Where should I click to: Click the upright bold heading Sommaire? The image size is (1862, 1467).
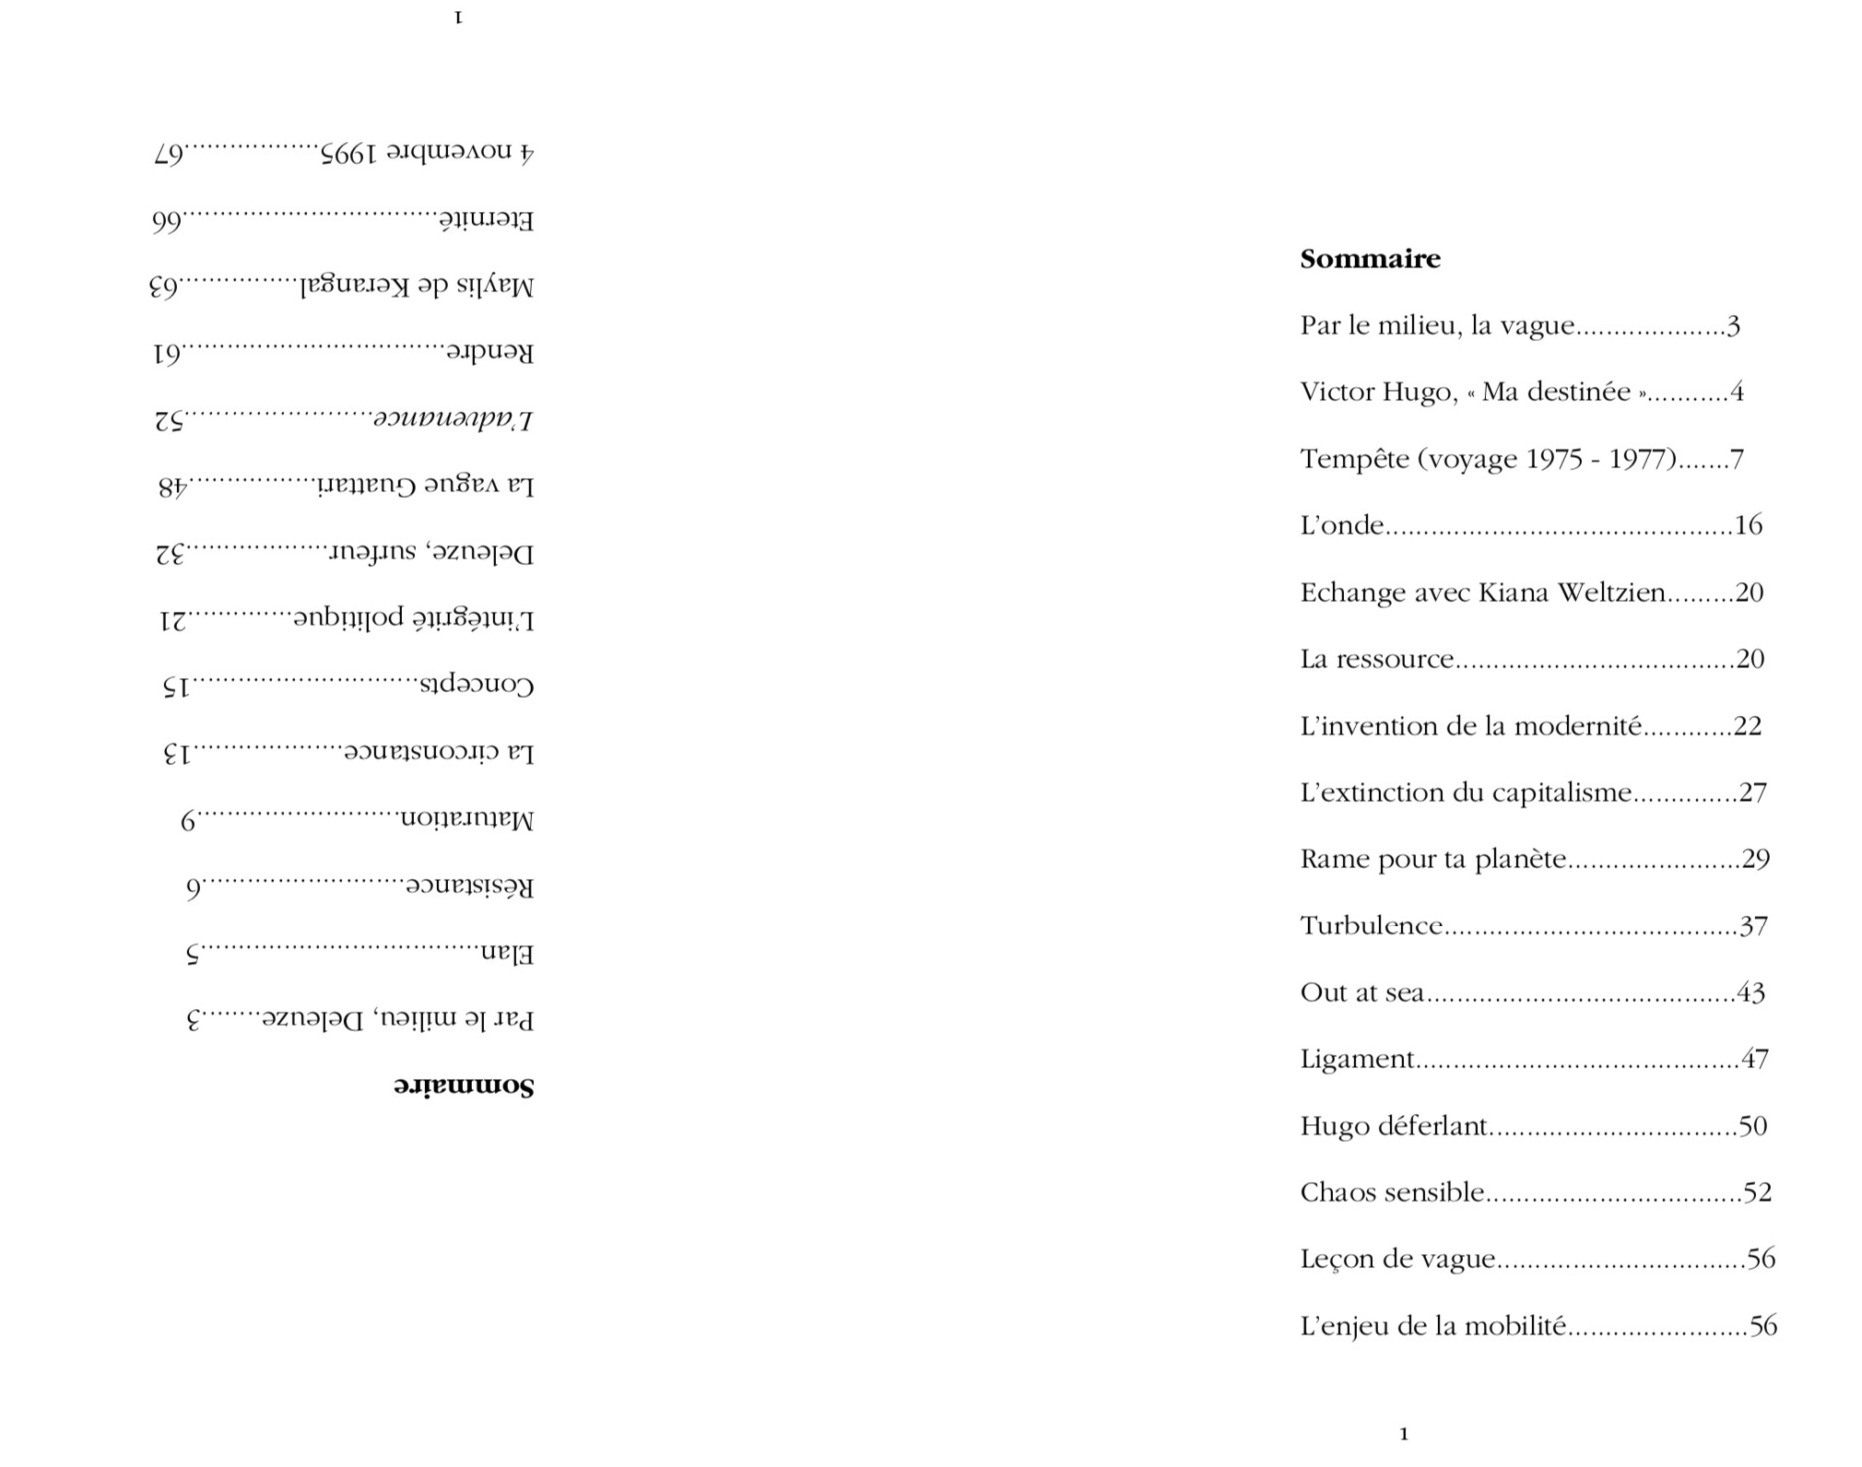(1370, 259)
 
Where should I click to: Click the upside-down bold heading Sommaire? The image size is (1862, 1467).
(465, 1085)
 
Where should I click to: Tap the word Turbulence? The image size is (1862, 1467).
(1371, 925)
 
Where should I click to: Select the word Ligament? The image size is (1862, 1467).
(1357, 1059)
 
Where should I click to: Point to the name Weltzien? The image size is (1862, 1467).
(1610, 592)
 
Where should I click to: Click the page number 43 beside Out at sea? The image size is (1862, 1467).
(1750, 992)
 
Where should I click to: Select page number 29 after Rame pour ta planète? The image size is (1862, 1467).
(1755, 859)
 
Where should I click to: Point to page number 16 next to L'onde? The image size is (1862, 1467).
(1748, 525)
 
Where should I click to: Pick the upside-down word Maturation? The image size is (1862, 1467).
(465, 819)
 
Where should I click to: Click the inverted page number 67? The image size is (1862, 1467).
(169, 152)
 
